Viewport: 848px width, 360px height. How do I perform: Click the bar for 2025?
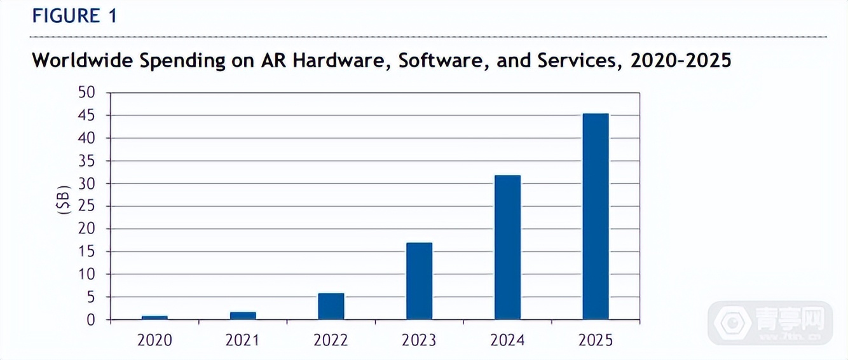(x=596, y=216)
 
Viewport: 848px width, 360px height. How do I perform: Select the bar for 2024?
(x=507, y=247)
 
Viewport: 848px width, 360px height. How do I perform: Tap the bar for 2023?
(x=419, y=280)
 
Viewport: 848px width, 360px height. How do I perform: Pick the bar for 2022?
(x=331, y=306)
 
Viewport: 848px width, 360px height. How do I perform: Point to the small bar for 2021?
(x=243, y=315)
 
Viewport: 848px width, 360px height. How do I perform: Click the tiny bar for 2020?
(x=154, y=317)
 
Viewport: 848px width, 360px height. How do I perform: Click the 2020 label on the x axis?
(x=154, y=340)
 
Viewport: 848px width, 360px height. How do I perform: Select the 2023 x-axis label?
(x=419, y=340)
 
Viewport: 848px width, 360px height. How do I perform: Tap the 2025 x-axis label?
(x=596, y=340)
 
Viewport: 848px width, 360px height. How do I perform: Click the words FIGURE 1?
(x=74, y=17)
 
